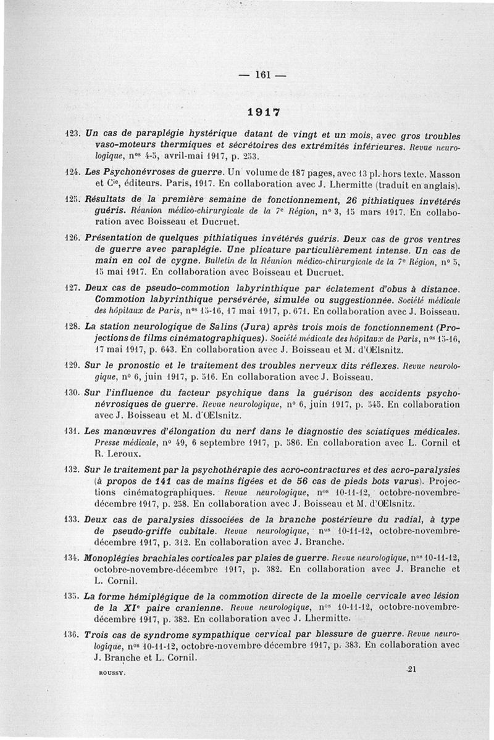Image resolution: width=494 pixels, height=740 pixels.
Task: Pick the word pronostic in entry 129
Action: pyautogui.click(x=130, y=365)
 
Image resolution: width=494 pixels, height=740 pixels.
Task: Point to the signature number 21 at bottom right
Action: pyautogui.click(x=413, y=669)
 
